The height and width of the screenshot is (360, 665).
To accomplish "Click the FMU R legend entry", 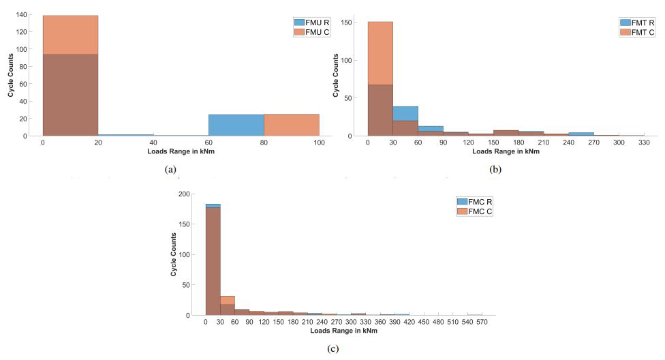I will tap(312, 22).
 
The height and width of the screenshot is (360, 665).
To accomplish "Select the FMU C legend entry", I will tap(312, 31).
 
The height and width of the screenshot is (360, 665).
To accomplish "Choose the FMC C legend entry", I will tap(475, 211).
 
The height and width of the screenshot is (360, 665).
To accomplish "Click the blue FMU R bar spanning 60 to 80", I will tap(236, 125).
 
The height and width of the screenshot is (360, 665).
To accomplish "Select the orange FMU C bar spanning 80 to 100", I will tap(291, 125).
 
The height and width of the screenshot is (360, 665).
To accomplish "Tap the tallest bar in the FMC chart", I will tap(213, 259).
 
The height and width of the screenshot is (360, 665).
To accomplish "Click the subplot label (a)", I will tap(171, 169).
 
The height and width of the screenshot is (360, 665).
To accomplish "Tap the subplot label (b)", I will tap(495, 168).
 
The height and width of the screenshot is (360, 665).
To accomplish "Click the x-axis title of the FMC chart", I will tap(343, 331).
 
